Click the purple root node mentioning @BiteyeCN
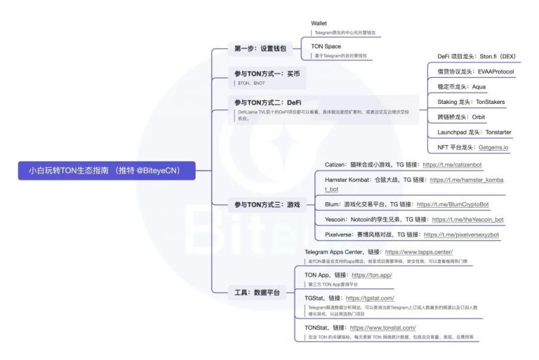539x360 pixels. point(107,170)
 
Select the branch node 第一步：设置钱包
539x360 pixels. point(260,48)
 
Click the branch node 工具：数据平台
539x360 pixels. point(255,291)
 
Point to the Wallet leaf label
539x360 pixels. point(319,23)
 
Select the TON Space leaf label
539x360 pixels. point(326,46)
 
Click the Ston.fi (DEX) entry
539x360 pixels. point(478,56)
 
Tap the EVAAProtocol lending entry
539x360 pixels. point(478,72)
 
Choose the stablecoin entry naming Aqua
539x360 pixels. point(460,86)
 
